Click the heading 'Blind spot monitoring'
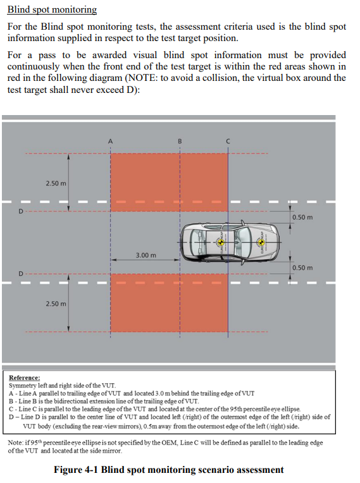click(52, 9)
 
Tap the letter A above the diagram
click(110, 142)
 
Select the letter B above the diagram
click(180, 142)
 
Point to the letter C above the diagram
click(228, 142)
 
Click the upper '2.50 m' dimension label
click(56, 183)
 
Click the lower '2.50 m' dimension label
click(56, 303)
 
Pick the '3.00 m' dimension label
click(146, 255)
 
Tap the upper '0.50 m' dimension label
click(302, 217)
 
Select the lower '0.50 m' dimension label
click(302, 267)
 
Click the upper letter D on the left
click(21, 211)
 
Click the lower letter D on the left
click(21, 274)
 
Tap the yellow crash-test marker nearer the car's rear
click(220, 242)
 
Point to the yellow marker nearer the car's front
click(261, 242)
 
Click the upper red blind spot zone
click(169, 182)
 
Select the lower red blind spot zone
click(169, 303)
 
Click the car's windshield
click(244, 242)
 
